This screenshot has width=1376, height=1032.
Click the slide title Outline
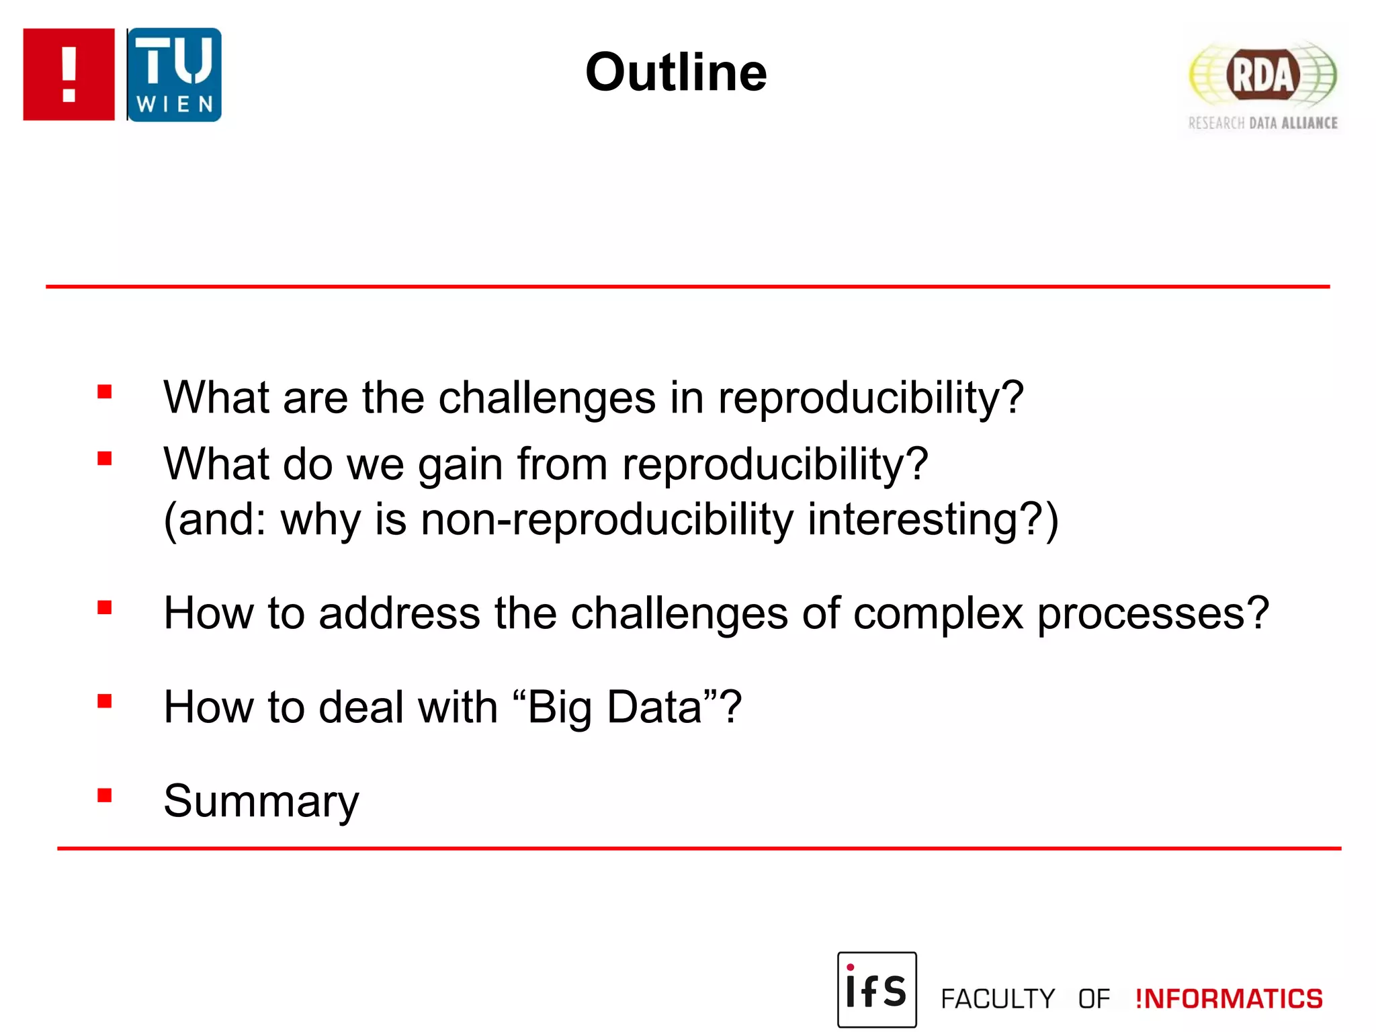(x=675, y=73)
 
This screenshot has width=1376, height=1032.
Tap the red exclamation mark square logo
(x=69, y=75)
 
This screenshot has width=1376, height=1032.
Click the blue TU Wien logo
(x=174, y=75)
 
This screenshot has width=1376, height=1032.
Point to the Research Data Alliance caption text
(x=1262, y=123)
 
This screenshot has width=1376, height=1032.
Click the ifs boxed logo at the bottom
(x=877, y=989)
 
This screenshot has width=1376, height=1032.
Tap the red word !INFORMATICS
(x=1229, y=999)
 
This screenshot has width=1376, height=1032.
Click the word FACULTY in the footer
(x=998, y=999)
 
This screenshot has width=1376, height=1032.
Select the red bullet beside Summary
(x=104, y=795)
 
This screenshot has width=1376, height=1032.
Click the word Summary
(x=261, y=801)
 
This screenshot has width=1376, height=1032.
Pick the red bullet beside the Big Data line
(x=104, y=701)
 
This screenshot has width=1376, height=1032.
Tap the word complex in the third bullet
(x=938, y=613)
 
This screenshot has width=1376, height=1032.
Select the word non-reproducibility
(x=607, y=520)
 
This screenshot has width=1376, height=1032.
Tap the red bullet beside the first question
(x=104, y=392)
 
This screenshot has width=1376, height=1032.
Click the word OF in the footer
(x=1094, y=999)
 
